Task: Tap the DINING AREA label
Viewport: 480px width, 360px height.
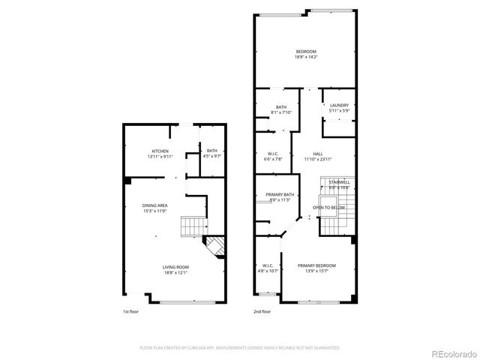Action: [x=154, y=205]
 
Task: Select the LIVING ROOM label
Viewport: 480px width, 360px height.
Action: [x=176, y=267]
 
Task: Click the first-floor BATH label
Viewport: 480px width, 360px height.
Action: [x=212, y=151]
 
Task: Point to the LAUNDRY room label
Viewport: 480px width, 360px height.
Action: [x=339, y=105]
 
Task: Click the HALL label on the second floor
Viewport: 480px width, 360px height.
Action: [x=318, y=154]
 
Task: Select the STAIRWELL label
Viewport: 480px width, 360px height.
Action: [x=339, y=181]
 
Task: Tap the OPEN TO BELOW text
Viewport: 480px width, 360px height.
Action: [x=329, y=207]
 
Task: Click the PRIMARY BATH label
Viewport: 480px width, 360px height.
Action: [x=280, y=195]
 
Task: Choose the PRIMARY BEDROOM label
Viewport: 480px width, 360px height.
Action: [x=316, y=266]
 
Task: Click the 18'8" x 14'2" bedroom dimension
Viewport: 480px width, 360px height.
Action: [x=305, y=56]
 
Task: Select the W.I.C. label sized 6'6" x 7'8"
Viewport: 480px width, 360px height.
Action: [x=274, y=154]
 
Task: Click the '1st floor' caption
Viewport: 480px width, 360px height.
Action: [x=131, y=311]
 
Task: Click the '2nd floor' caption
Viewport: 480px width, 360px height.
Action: [x=262, y=311]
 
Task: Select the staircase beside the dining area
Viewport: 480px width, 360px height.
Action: [x=194, y=224]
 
